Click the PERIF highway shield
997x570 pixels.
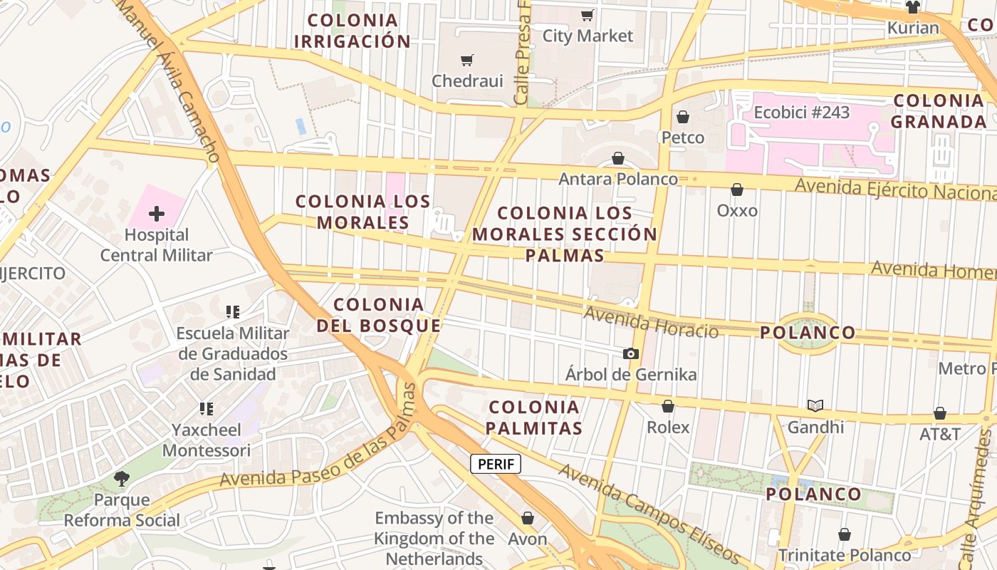(496, 465)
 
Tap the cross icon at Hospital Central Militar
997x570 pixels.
(157, 213)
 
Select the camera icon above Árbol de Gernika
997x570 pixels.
(630, 353)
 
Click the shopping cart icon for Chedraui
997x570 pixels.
(467, 61)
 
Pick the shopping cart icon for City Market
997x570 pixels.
(588, 15)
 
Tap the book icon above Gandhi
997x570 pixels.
(815, 406)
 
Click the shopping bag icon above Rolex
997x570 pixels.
(668, 406)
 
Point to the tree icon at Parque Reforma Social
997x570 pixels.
(122, 478)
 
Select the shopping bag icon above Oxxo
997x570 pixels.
(737, 190)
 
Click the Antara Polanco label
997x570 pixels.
(618, 179)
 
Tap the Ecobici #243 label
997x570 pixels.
(802, 113)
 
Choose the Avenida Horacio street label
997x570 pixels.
(651, 322)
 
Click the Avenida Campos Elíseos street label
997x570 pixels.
(649, 514)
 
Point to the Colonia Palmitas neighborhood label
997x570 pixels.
(534, 418)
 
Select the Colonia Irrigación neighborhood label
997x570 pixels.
(353, 31)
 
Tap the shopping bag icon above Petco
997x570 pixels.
(683, 116)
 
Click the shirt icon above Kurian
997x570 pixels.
(913, 8)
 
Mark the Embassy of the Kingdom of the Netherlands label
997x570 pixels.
(434, 538)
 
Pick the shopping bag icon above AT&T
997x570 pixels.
(940, 413)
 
